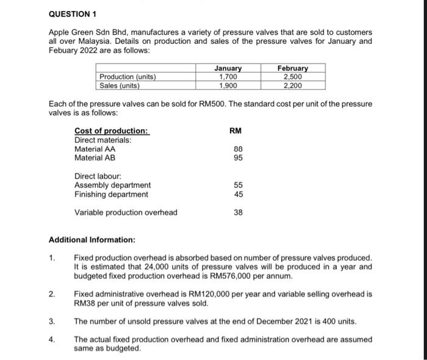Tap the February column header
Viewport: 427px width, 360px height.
tap(293, 68)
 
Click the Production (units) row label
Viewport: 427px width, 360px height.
tap(128, 77)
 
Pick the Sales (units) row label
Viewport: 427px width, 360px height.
tap(120, 85)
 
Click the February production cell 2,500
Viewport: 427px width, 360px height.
tap(293, 77)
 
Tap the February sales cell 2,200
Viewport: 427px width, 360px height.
tap(293, 85)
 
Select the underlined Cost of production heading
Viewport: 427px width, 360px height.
tap(111, 131)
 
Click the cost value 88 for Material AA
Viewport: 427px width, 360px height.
tap(239, 148)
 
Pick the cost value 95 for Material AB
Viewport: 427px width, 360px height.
tap(239, 157)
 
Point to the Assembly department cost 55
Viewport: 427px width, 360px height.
tap(239, 185)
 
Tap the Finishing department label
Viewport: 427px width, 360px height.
tap(111, 194)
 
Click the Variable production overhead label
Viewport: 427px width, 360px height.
tap(126, 212)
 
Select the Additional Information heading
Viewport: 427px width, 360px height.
tap(92, 240)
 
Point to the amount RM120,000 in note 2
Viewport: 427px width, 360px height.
tap(201, 294)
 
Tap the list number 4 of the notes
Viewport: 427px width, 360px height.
tap(52, 339)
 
